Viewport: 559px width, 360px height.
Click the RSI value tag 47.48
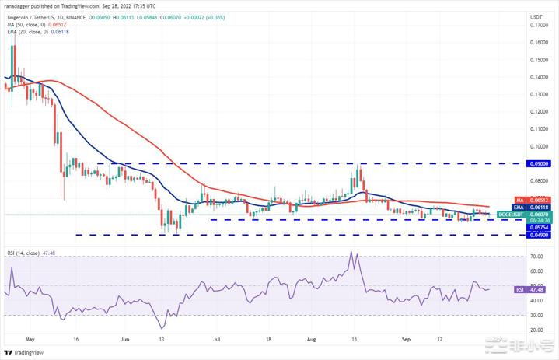coord(536,289)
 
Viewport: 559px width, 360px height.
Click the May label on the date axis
coord(30,340)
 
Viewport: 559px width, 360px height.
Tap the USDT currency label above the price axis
coord(536,16)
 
